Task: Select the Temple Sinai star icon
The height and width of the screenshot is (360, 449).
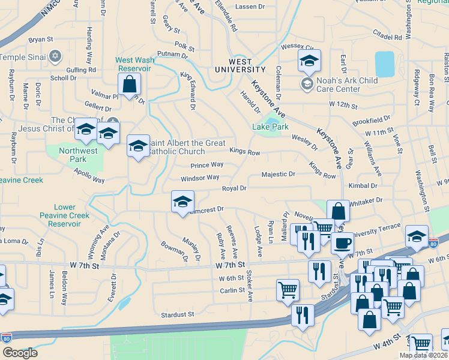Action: (55, 57)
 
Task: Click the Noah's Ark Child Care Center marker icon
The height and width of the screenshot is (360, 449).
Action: (307, 82)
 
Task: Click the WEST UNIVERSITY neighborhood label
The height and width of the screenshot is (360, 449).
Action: (240, 65)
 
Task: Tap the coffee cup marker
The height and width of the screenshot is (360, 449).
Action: (342, 243)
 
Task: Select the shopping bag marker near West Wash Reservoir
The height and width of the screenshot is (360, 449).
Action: (129, 85)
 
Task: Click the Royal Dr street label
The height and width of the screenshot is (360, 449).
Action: (234, 188)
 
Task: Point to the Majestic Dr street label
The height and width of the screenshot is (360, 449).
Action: (279, 175)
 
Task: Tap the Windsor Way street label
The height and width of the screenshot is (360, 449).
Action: (199, 178)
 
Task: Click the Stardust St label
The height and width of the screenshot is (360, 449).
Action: (177, 314)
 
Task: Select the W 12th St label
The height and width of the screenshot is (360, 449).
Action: (343, 104)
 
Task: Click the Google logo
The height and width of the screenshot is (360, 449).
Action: (20, 352)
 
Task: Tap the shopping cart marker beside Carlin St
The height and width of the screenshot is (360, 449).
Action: (288, 290)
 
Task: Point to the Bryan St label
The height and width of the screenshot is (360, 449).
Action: (41, 40)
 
